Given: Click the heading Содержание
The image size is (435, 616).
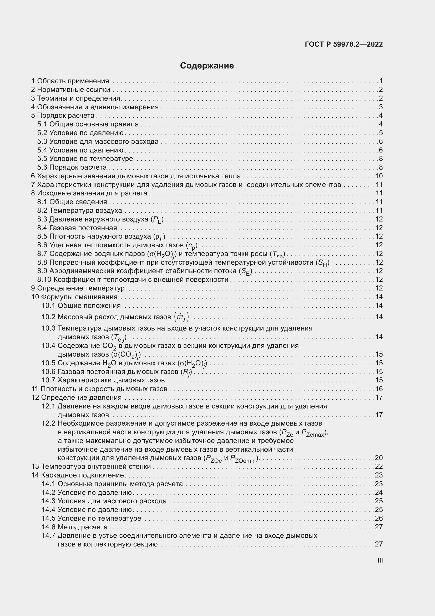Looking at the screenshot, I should [x=207, y=66].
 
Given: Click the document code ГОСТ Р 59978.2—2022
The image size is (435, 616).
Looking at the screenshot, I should [x=344, y=44].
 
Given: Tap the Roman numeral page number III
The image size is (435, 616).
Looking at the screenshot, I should [x=380, y=560].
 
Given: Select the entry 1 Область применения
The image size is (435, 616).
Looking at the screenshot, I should [x=70, y=81].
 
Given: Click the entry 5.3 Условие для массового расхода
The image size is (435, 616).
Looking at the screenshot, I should [x=98, y=141].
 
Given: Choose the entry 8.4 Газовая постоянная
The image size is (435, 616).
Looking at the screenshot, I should [x=77, y=228].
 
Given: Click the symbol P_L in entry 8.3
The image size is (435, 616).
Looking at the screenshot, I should [x=157, y=220].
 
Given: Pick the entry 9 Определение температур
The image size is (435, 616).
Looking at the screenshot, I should [x=78, y=288].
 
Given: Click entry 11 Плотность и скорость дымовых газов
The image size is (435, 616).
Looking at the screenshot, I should [x=99, y=389].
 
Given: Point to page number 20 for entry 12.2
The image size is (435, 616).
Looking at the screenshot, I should [x=379, y=458].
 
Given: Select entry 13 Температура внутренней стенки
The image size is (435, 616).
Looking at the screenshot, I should [x=91, y=466].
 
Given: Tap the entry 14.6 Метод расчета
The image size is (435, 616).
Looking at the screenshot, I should [x=74, y=527].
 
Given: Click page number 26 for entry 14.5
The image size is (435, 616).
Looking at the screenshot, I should [x=379, y=518].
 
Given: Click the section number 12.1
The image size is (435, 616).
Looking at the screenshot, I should [x=48, y=406].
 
